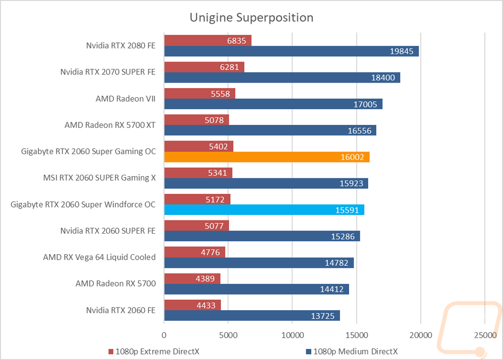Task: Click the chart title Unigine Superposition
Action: click(x=251, y=18)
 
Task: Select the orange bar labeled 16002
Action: click(x=267, y=157)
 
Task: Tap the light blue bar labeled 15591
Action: click(x=265, y=210)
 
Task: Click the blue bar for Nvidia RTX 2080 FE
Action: click(x=292, y=51)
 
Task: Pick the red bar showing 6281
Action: click(x=204, y=67)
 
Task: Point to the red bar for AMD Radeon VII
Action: click(x=200, y=94)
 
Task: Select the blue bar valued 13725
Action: click(x=252, y=316)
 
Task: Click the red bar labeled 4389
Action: click(x=192, y=278)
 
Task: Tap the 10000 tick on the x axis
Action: click(x=293, y=335)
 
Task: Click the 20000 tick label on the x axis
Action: click(x=421, y=335)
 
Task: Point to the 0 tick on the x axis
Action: click(x=164, y=335)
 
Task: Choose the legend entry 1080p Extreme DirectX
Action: click(x=154, y=351)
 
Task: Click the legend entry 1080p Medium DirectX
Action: click(x=352, y=351)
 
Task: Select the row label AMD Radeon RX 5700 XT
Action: click(x=110, y=125)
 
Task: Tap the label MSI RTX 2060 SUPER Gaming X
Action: click(x=100, y=178)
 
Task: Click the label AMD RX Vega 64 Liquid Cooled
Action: click(x=100, y=257)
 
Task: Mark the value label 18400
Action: click(x=383, y=78)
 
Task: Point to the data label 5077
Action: click(x=214, y=226)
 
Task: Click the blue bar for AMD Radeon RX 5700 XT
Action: click(x=270, y=130)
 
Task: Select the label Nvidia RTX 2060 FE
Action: click(x=121, y=310)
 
